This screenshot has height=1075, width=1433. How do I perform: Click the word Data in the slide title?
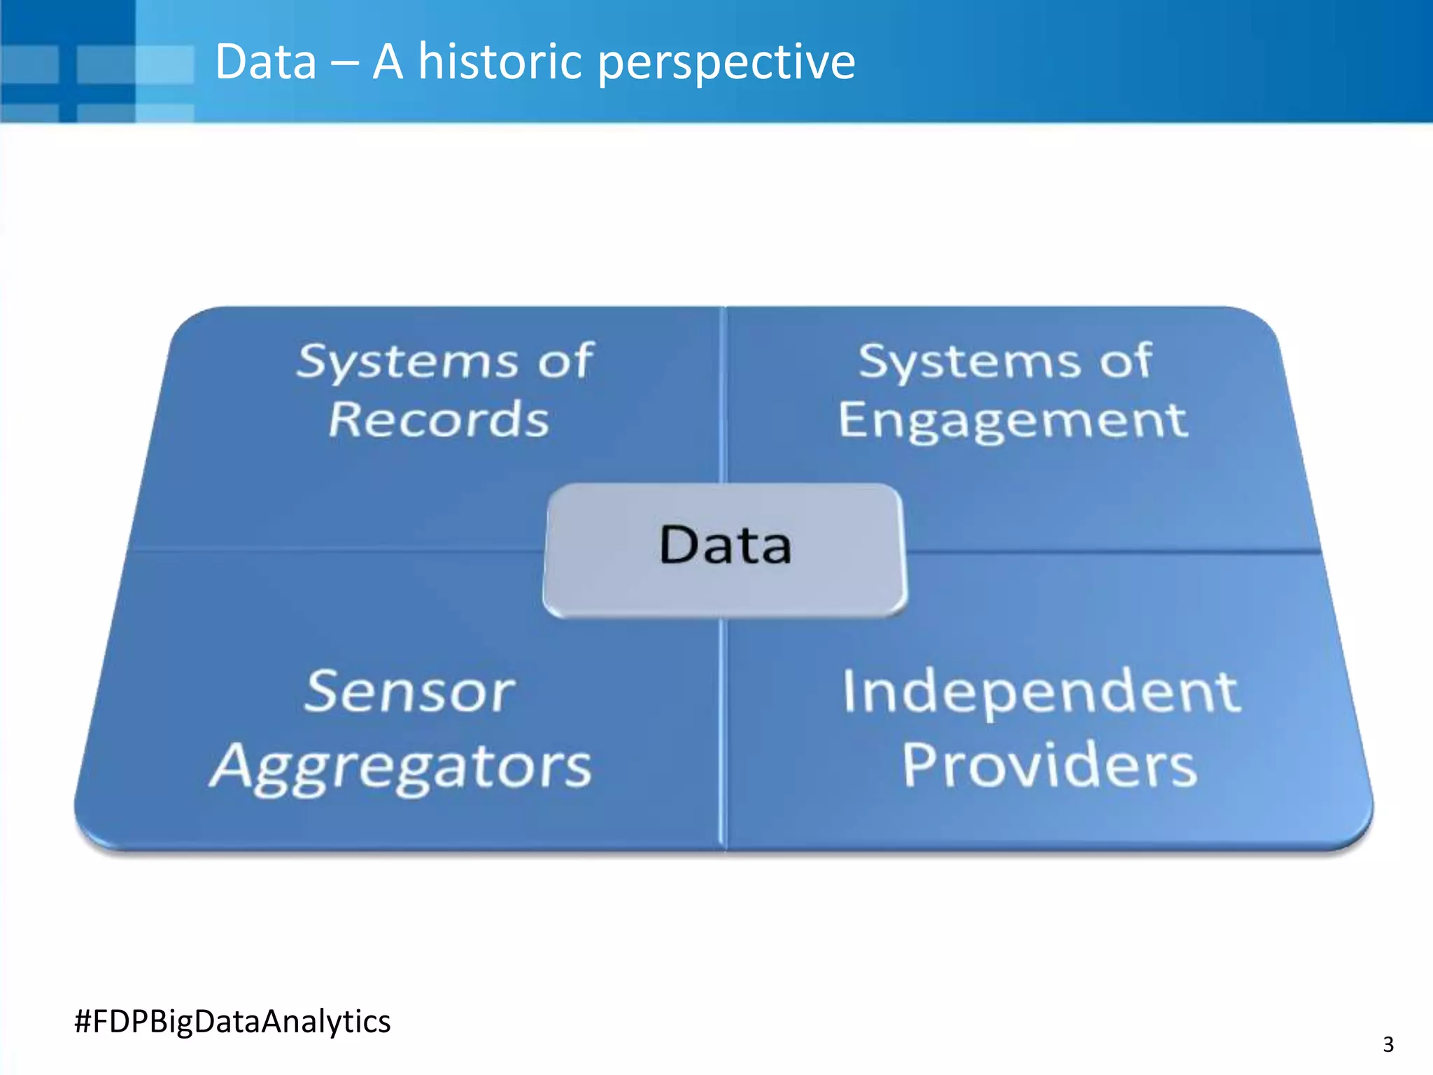click(x=266, y=62)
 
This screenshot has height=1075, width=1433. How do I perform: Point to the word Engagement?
click(x=1012, y=421)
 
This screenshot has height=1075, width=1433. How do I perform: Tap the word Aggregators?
click(x=402, y=767)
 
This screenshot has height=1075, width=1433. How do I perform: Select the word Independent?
click(x=1041, y=693)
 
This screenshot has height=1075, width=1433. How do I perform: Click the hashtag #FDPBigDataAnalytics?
click(x=232, y=1021)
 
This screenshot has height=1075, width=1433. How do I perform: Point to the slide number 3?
click(x=1388, y=1044)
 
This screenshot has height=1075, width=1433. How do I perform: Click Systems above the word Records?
click(x=407, y=362)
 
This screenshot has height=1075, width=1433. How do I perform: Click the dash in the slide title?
click(x=344, y=63)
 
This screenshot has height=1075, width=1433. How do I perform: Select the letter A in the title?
click(x=388, y=62)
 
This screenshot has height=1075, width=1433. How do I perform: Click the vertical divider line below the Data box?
click(x=723, y=735)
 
